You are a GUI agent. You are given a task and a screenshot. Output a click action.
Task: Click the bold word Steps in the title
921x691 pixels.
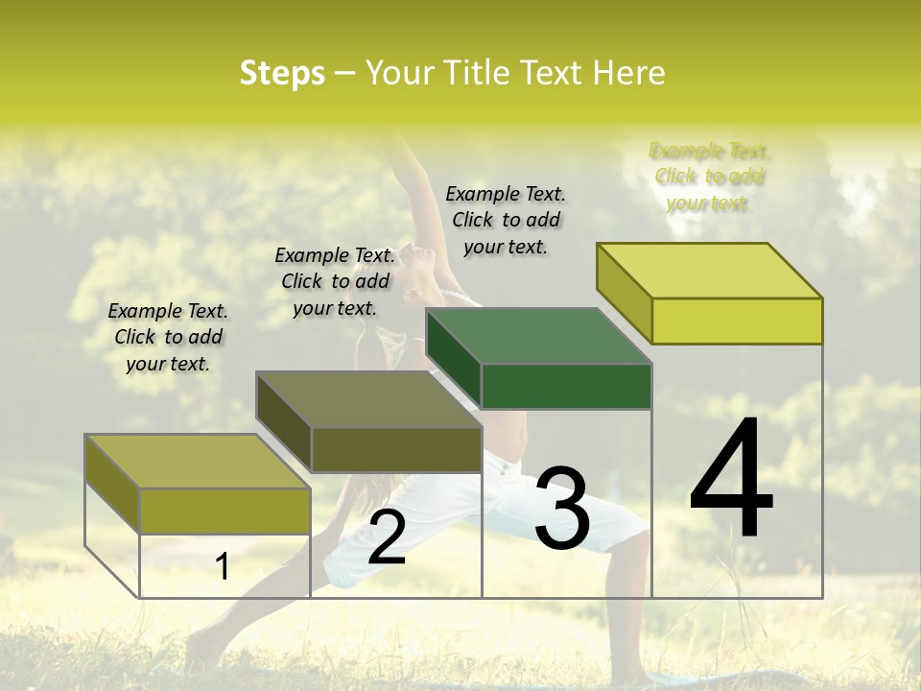[x=282, y=73]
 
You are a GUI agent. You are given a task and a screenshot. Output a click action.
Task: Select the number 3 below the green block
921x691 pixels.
[x=562, y=508]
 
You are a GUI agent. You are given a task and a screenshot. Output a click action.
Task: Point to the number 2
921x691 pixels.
[x=386, y=536]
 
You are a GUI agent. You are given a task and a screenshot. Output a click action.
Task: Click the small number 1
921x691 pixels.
[x=222, y=567]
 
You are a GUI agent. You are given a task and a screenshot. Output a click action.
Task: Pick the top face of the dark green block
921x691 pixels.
[x=537, y=336]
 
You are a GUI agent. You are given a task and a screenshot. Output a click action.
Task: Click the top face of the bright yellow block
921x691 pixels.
[x=710, y=270]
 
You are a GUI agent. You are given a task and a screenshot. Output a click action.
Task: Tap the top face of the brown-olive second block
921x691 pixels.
[x=368, y=399]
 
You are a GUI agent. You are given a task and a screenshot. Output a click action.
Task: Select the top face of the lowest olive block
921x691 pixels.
[x=198, y=461]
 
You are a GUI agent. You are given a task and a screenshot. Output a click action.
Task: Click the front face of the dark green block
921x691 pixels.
[x=566, y=387]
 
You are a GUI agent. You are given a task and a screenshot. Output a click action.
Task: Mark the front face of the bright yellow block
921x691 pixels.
[x=737, y=321]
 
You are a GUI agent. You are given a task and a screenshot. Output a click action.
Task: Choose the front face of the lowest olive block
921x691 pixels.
[x=224, y=511]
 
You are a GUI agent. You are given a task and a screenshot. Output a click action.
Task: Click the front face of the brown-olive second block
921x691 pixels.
[x=396, y=449]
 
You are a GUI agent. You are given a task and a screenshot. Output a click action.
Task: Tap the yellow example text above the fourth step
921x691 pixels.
[x=710, y=177]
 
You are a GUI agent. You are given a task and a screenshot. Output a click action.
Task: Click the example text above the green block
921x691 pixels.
[x=506, y=220]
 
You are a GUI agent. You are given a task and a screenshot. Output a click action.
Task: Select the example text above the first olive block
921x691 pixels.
[x=168, y=337]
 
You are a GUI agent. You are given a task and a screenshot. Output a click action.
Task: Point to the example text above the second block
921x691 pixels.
[x=335, y=281]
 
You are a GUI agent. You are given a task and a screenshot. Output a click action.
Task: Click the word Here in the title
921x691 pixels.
[x=628, y=73]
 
